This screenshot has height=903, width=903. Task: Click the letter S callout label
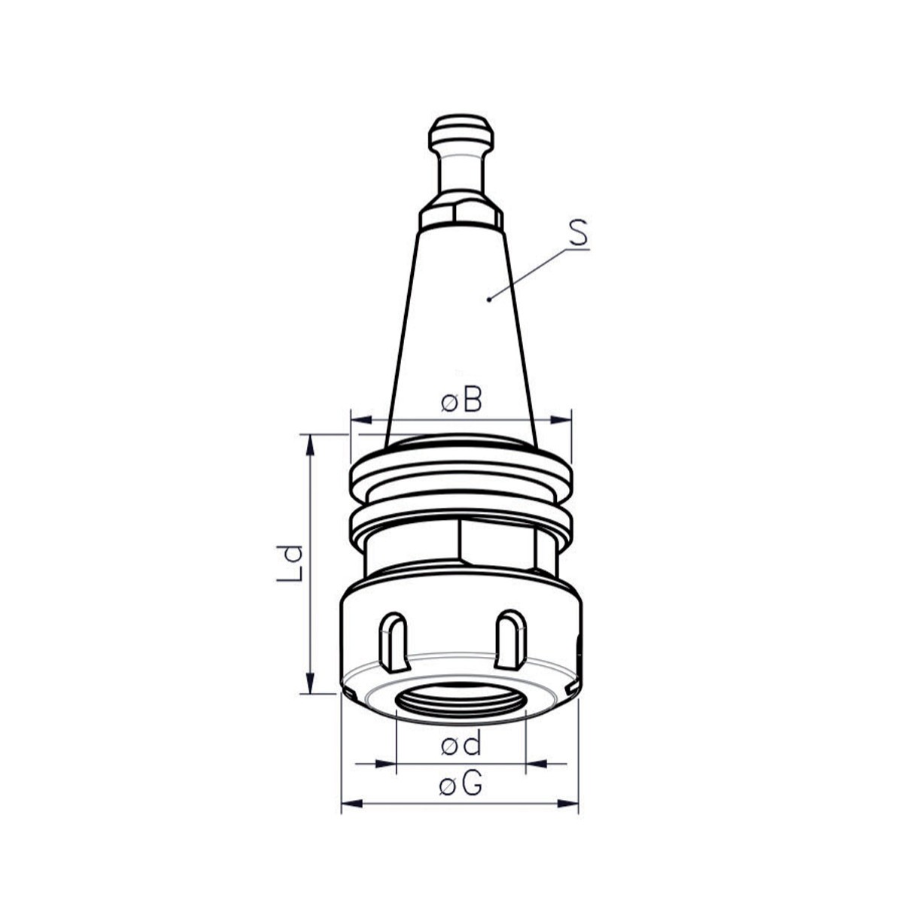pyautogui.click(x=578, y=233)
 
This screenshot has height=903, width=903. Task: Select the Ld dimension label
pyautogui.click(x=290, y=563)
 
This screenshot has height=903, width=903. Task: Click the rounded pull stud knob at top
pyautogui.click(x=461, y=132)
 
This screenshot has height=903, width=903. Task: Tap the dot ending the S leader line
pyautogui.click(x=489, y=299)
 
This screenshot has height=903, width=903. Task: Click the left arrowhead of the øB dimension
pyautogui.click(x=361, y=420)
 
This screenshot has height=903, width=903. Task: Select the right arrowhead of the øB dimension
pyautogui.click(x=561, y=420)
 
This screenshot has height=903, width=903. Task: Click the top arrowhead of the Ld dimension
pyautogui.click(x=309, y=445)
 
